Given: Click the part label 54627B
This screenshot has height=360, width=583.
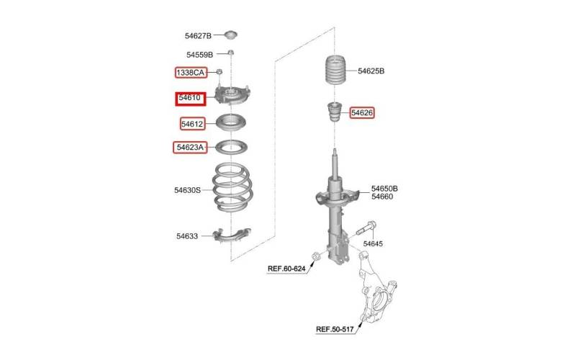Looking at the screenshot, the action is pyautogui.click(x=198, y=36).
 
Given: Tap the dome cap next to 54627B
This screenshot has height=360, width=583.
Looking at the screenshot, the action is pyautogui.click(x=231, y=35).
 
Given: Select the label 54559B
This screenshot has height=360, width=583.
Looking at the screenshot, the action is pyautogui.click(x=199, y=55).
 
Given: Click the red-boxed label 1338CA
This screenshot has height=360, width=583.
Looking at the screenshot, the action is pyautogui.click(x=190, y=72).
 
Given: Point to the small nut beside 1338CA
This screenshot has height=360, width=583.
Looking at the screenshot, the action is pyautogui.click(x=219, y=71).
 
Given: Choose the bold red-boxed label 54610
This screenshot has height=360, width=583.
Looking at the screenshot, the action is pyautogui.click(x=190, y=99).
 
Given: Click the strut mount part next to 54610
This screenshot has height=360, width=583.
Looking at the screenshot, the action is pyautogui.click(x=232, y=96).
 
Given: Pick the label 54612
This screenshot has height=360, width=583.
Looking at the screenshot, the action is pyautogui.click(x=192, y=124).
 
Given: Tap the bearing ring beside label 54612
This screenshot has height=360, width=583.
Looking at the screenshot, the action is pyautogui.click(x=231, y=123).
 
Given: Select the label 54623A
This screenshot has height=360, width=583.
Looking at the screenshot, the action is pyautogui.click(x=190, y=148).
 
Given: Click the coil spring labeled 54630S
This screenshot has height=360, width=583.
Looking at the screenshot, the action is pyautogui.click(x=232, y=187).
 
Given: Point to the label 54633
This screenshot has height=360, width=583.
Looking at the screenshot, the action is pyautogui.click(x=187, y=236).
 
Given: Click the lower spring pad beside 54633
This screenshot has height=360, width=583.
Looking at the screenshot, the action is pyautogui.click(x=232, y=235).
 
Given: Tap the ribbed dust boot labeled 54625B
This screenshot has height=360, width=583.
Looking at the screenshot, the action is pyautogui.click(x=335, y=70).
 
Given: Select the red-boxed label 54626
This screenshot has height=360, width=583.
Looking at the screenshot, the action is pyautogui.click(x=362, y=113).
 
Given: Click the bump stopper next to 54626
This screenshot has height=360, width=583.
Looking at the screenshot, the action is pyautogui.click(x=334, y=112).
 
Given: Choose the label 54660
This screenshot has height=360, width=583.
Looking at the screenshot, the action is pyautogui.click(x=382, y=197).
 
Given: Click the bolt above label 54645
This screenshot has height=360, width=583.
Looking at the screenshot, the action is pyautogui.click(x=366, y=228).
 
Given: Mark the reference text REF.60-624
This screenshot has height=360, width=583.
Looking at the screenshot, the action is pyautogui.click(x=286, y=269).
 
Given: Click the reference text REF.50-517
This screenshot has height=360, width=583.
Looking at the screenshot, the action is pyautogui.click(x=335, y=329).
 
